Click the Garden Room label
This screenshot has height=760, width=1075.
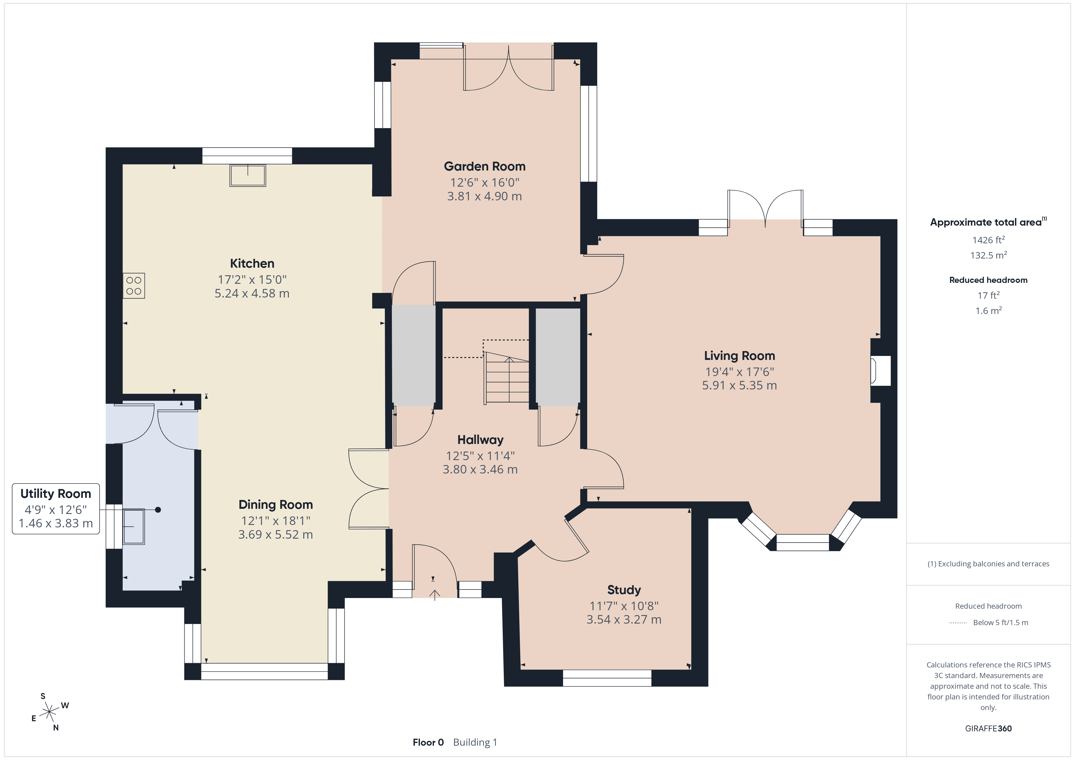click(x=484, y=167)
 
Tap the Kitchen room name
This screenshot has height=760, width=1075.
click(x=252, y=263)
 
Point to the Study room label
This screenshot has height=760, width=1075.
click(x=624, y=590)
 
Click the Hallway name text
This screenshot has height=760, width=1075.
click(x=481, y=440)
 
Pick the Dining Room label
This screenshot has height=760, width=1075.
click(x=276, y=505)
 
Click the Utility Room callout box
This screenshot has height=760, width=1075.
click(x=56, y=509)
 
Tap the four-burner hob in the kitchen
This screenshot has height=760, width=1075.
click(x=134, y=286)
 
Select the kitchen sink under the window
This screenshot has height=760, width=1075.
click(x=248, y=175)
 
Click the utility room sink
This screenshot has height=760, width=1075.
click(x=133, y=527)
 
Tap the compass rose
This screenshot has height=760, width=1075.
click(x=49, y=712)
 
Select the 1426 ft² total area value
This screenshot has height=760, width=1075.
click(x=988, y=240)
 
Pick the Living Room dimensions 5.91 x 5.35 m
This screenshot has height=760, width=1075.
click(x=739, y=385)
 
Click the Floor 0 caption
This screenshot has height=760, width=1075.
click(x=428, y=742)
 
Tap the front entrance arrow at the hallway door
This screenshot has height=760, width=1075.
click(x=435, y=595)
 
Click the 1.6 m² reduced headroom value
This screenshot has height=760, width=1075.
click(x=988, y=311)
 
